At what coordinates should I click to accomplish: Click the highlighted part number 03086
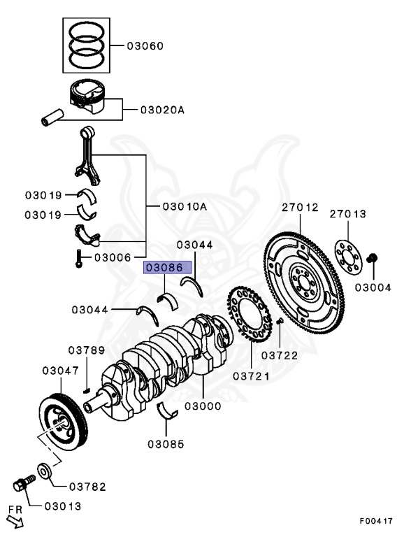pyautogui.click(x=164, y=267)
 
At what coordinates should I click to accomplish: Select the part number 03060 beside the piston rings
pyautogui.click(x=145, y=46)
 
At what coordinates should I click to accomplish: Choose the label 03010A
pyautogui.click(x=184, y=206)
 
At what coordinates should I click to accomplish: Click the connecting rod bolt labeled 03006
pyautogui.click(x=79, y=261)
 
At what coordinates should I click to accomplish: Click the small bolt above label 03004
pyautogui.click(x=373, y=259)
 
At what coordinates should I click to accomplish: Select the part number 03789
pyautogui.click(x=86, y=350)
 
